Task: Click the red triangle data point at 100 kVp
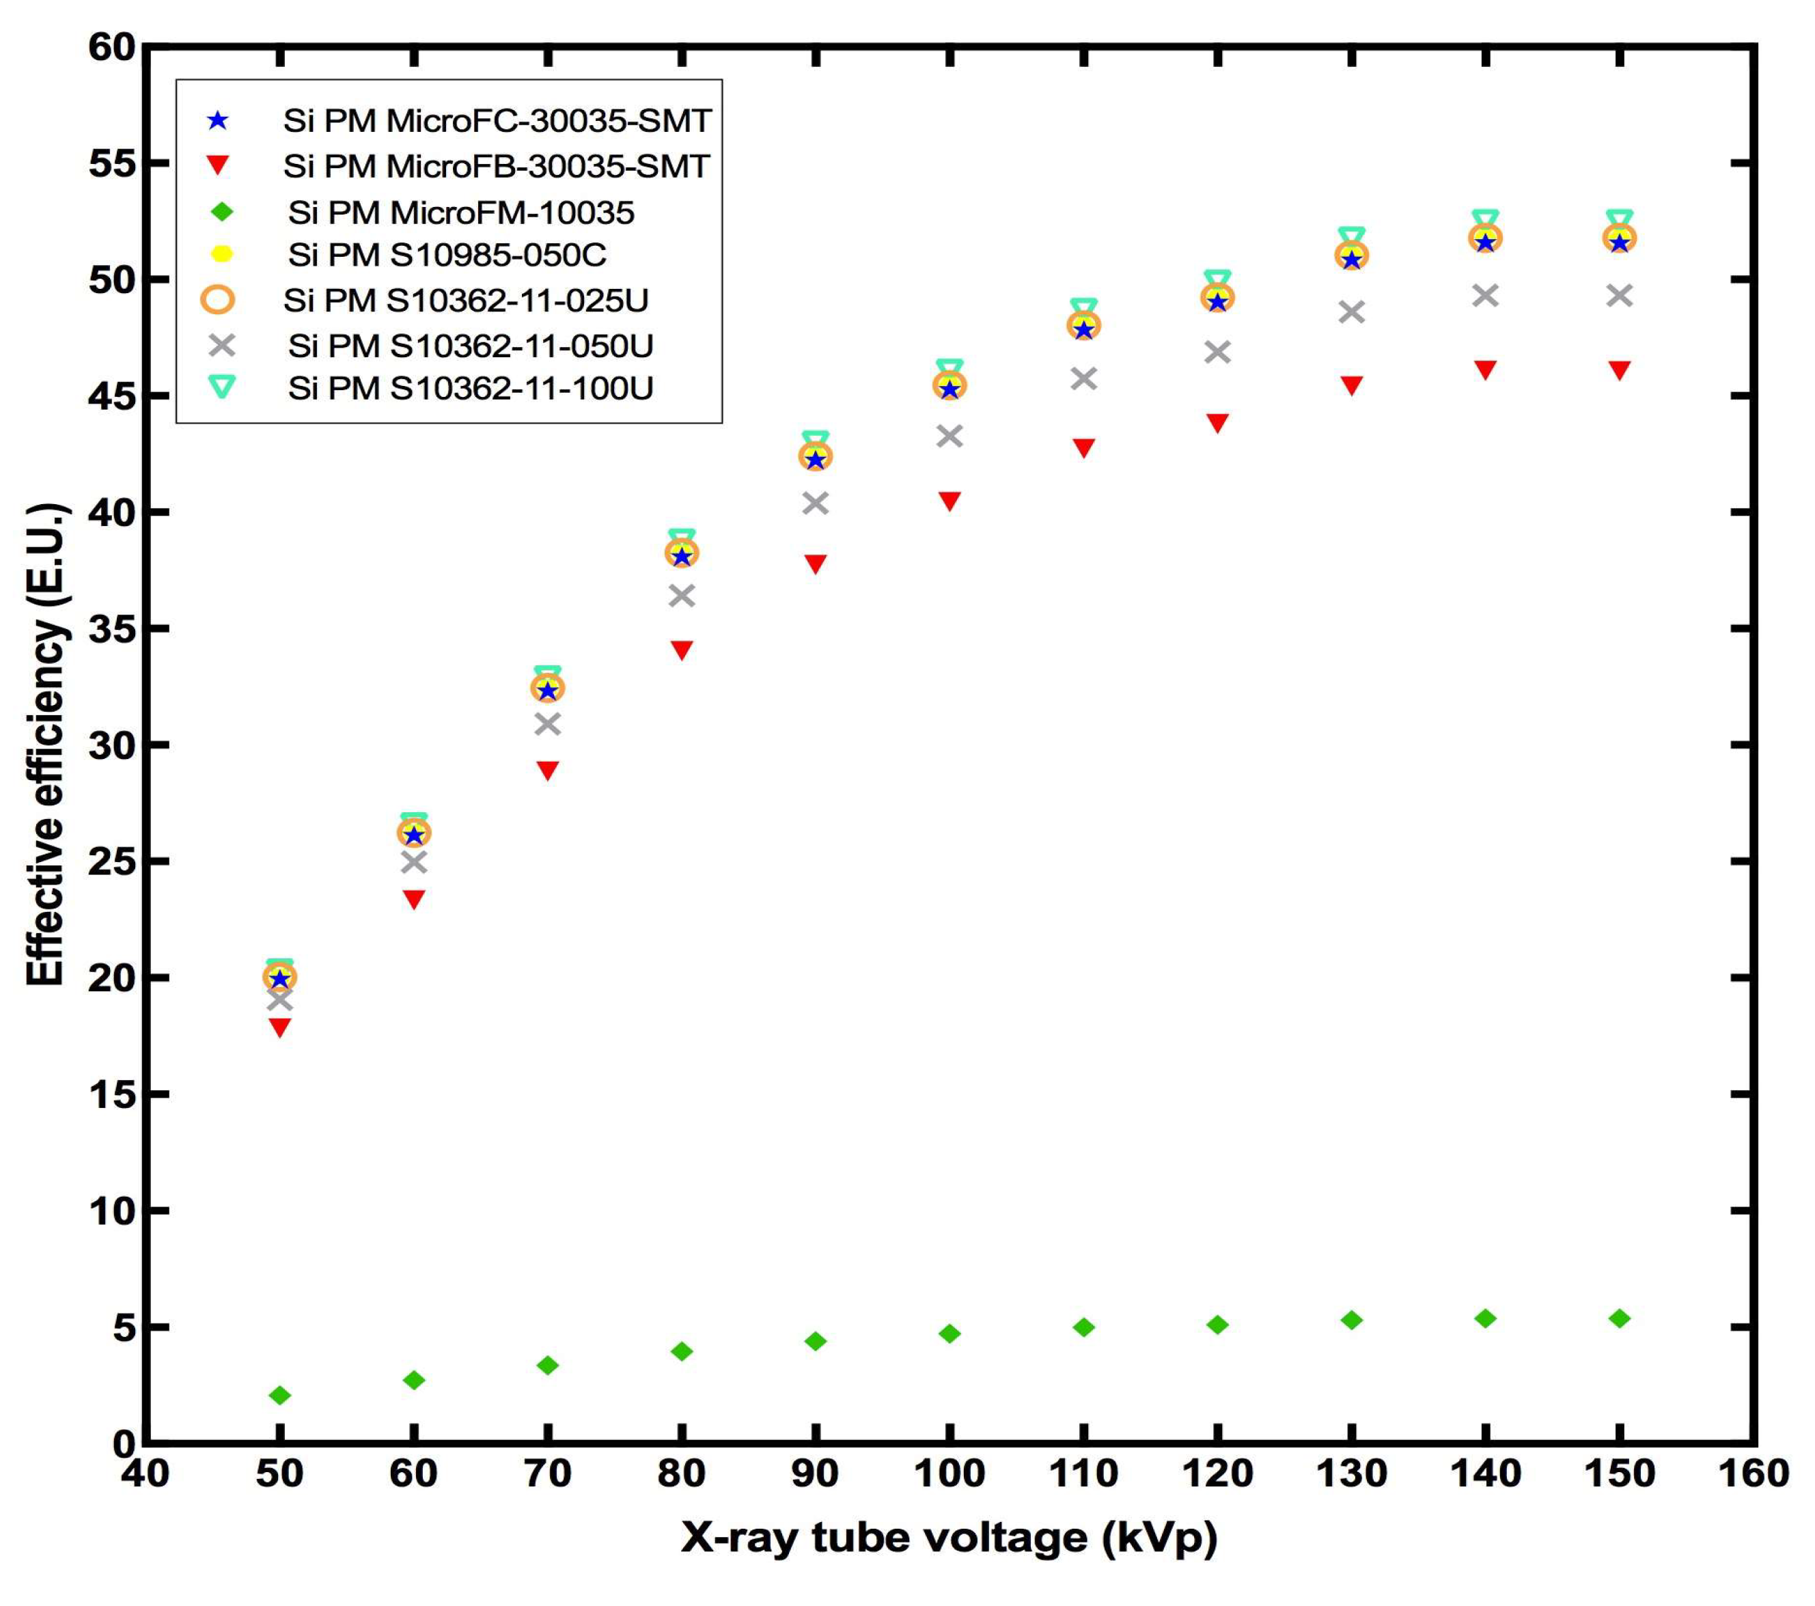[x=950, y=501]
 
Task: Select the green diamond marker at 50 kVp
[x=279, y=1396]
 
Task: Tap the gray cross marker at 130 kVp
[x=1351, y=312]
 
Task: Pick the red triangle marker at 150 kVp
[x=1620, y=370]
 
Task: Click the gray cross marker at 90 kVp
[x=815, y=503]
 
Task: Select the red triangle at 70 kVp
[x=548, y=770]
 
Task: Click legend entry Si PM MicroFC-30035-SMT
[x=497, y=122]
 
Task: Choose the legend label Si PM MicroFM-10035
[x=461, y=213]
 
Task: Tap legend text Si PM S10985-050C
[x=447, y=255]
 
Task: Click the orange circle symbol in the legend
[x=217, y=300]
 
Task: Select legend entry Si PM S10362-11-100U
[x=471, y=389]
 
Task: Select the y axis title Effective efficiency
[x=46, y=744]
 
